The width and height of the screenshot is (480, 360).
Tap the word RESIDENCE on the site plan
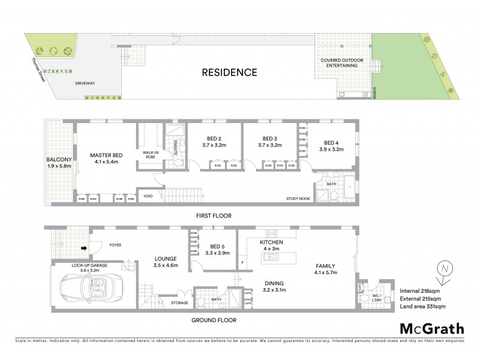pos(229,73)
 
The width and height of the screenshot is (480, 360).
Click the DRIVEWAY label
pos(86,84)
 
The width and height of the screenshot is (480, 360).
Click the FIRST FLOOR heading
pos(214,215)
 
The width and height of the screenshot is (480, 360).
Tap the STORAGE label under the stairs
pos(179,303)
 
